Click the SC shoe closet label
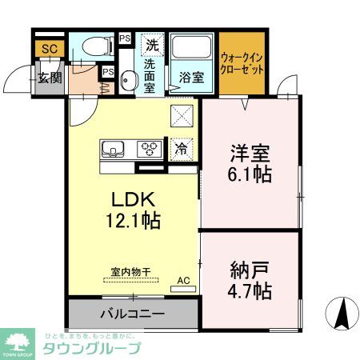pos(49,49)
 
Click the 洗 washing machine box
pos(150,45)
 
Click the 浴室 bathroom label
pos(190,78)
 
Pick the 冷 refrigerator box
pos(181,148)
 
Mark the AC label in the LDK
pos(183,280)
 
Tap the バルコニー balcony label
pos(133,314)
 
